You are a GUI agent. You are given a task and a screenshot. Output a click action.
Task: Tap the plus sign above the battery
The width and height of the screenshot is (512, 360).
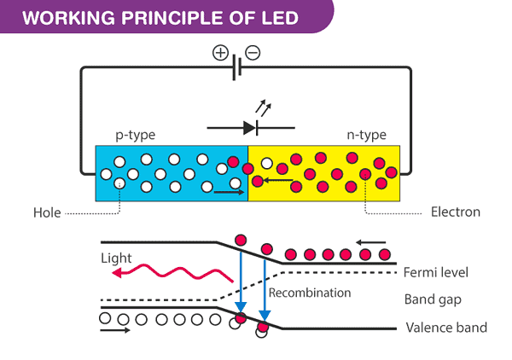click(x=220, y=53)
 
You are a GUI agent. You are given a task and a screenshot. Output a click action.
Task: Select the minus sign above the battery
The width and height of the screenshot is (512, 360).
click(x=253, y=53)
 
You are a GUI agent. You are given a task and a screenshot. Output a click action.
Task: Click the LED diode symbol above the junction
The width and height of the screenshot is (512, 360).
click(x=248, y=128)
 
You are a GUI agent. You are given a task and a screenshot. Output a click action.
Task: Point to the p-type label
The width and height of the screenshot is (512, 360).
click(x=135, y=135)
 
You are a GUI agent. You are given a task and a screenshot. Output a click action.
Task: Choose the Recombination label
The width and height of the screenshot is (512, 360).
click(x=310, y=293)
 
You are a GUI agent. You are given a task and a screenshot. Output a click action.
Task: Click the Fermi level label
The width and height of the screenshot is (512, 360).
click(x=438, y=272)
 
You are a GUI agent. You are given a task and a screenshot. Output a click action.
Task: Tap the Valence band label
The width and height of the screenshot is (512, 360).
click(x=446, y=328)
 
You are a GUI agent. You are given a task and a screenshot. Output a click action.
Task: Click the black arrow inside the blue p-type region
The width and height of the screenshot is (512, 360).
click(x=228, y=192)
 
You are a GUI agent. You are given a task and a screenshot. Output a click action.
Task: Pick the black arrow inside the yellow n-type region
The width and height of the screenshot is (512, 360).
click(x=276, y=180)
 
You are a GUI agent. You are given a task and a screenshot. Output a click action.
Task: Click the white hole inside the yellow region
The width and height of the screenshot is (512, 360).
click(x=268, y=164)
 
